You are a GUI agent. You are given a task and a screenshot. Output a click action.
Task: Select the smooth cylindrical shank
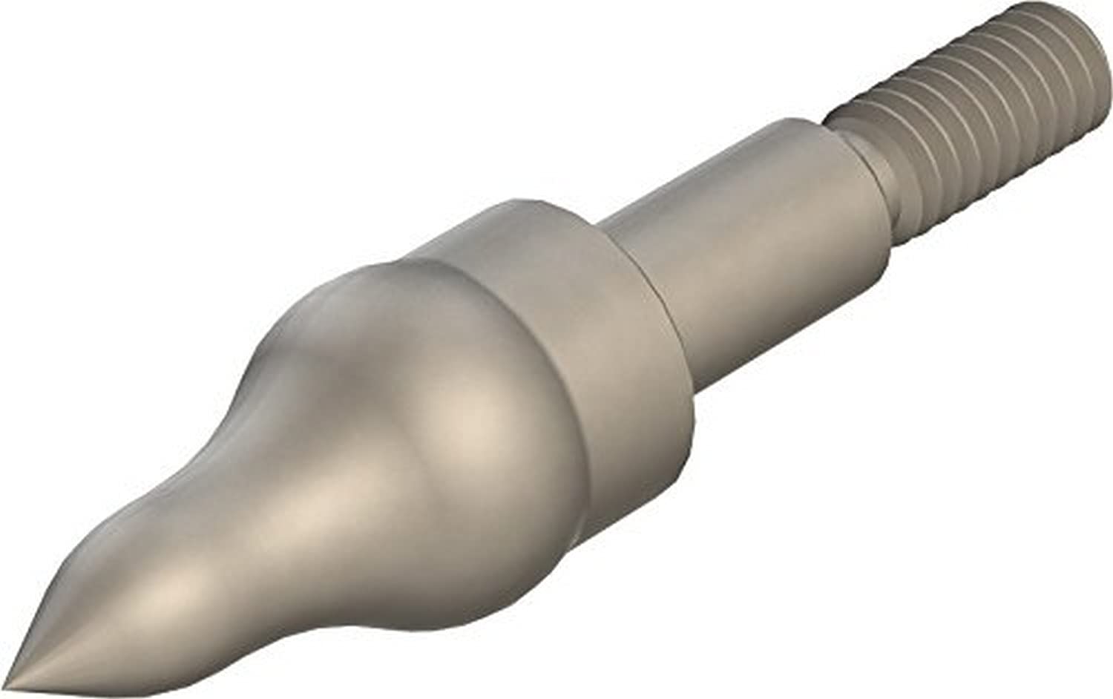pyautogui.click(x=749, y=245)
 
